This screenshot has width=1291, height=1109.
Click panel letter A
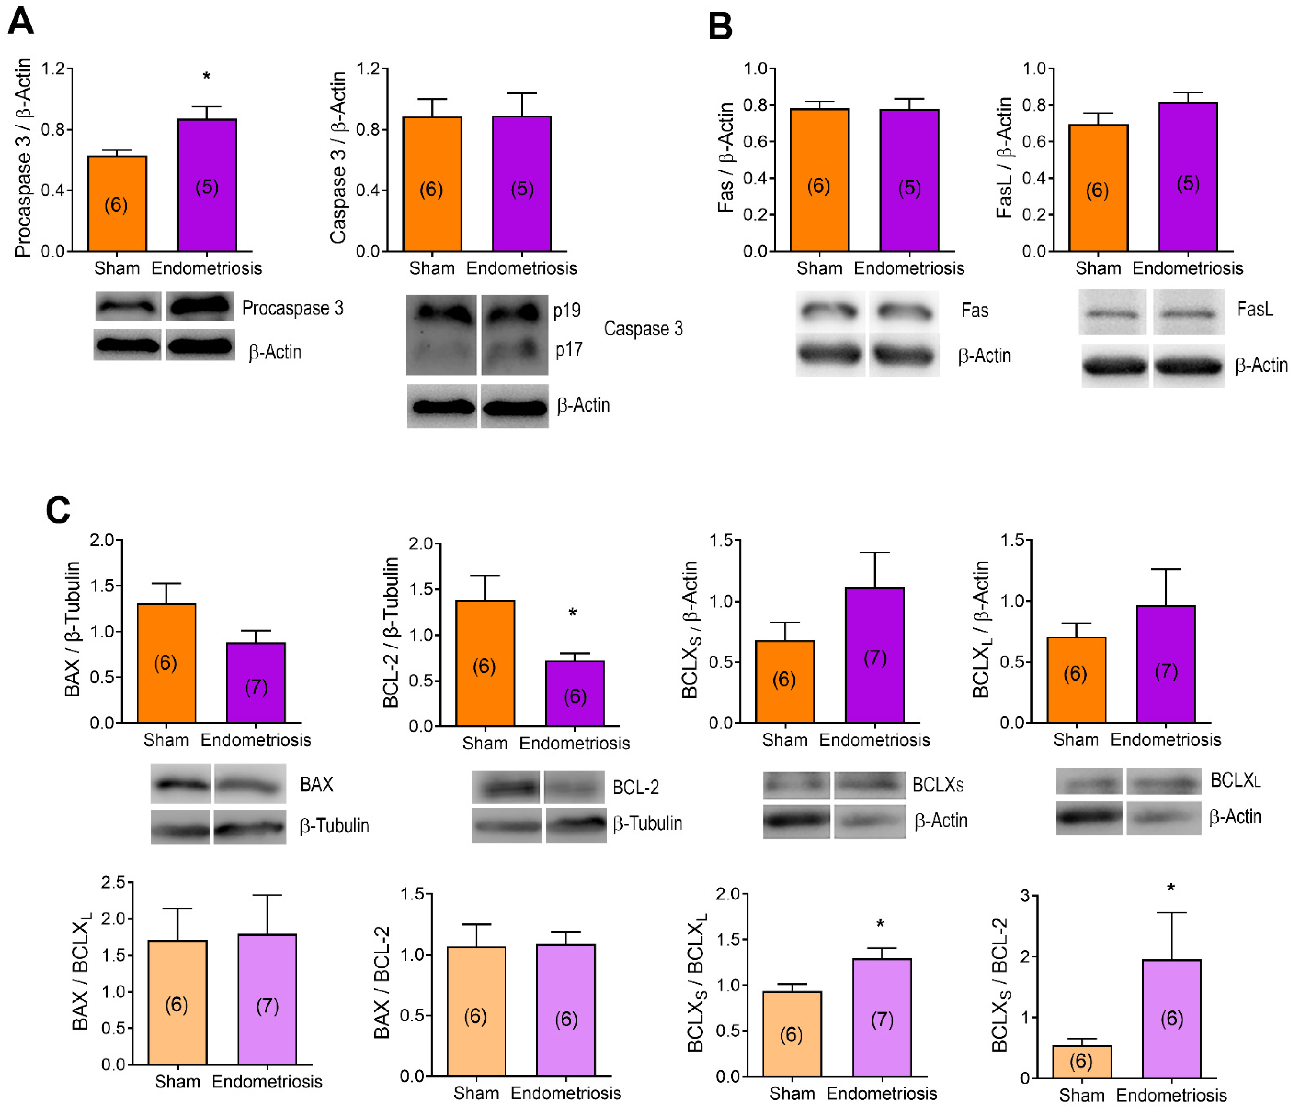pos(21,22)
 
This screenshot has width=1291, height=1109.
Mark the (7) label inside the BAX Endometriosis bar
pos(256,687)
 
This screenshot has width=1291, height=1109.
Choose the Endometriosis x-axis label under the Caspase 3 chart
pos(522,268)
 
